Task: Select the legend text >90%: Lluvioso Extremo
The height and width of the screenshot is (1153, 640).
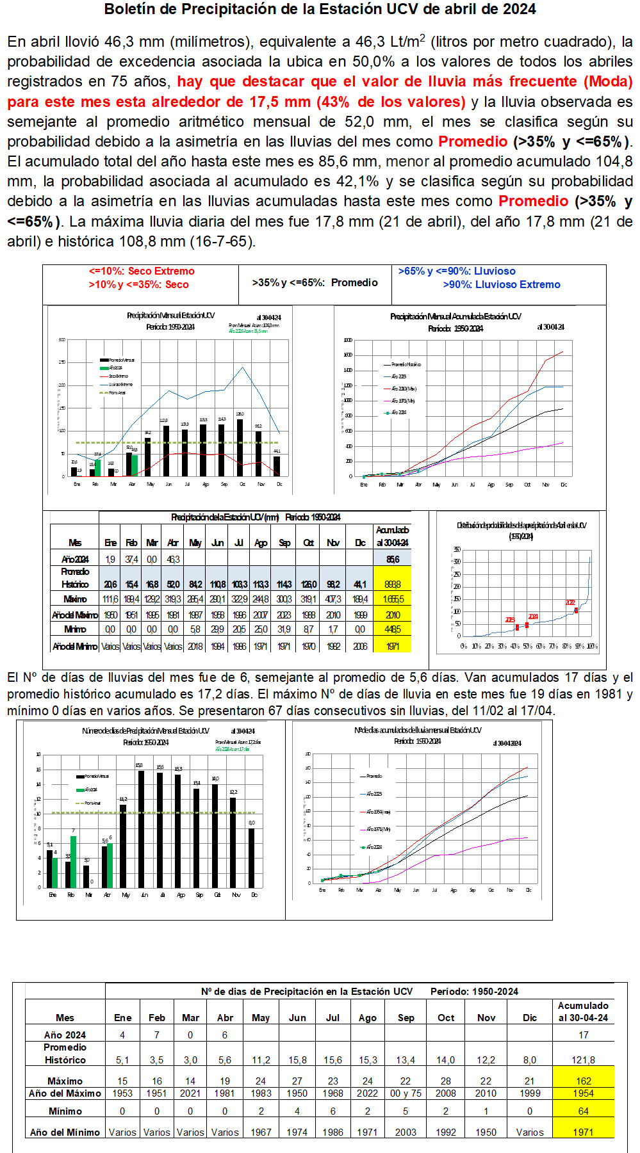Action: pyautogui.click(x=501, y=285)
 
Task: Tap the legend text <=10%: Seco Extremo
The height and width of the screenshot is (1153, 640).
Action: pyautogui.click(x=142, y=271)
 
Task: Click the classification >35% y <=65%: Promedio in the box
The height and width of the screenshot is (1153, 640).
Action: pyautogui.click(x=315, y=283)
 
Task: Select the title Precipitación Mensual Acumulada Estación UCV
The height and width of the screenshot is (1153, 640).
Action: pyautogui.click(x=455, y=316)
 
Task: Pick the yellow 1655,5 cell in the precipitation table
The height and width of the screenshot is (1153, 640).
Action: pyautogui.click(x=393, y=599)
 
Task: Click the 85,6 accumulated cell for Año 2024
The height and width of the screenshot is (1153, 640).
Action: pyautogui.click(x=393, y=560)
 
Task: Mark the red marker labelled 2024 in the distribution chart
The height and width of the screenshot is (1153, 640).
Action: pyautogui.click(x=527, y=625)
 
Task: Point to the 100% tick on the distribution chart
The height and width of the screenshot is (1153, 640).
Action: pyautogui.click(x=592, y=646)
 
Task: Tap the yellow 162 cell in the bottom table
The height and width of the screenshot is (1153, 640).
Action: pyautogui.click(x=584, y=1081)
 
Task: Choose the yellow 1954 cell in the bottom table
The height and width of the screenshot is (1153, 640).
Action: pyautogui.click(x=584, y=1093)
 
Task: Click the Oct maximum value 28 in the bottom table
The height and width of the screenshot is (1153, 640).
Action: pyautogui.click(x=446, y=1081)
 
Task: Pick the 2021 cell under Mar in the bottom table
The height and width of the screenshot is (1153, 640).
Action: pyautogui.click(x=190, y=1093)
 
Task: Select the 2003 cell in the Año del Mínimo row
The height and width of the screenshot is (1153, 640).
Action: pyautogui.click(x=406, y=1132)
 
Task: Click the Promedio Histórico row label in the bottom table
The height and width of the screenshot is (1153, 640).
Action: pyautogui.click(x=65, y=1054)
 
